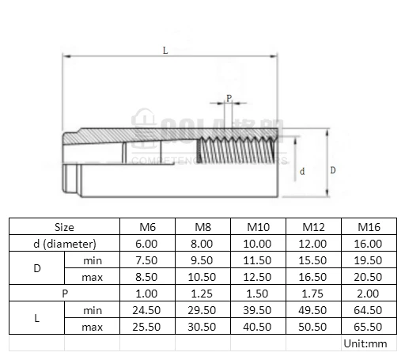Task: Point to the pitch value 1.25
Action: coord(202,294)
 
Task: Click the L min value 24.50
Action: coord(148,310)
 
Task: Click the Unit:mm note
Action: coord(365,343)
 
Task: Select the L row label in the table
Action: coord(36,318)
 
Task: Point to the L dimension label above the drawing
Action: coord(165,50)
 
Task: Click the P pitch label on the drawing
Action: coord(229,98)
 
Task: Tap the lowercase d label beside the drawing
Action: coord(304,171)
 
